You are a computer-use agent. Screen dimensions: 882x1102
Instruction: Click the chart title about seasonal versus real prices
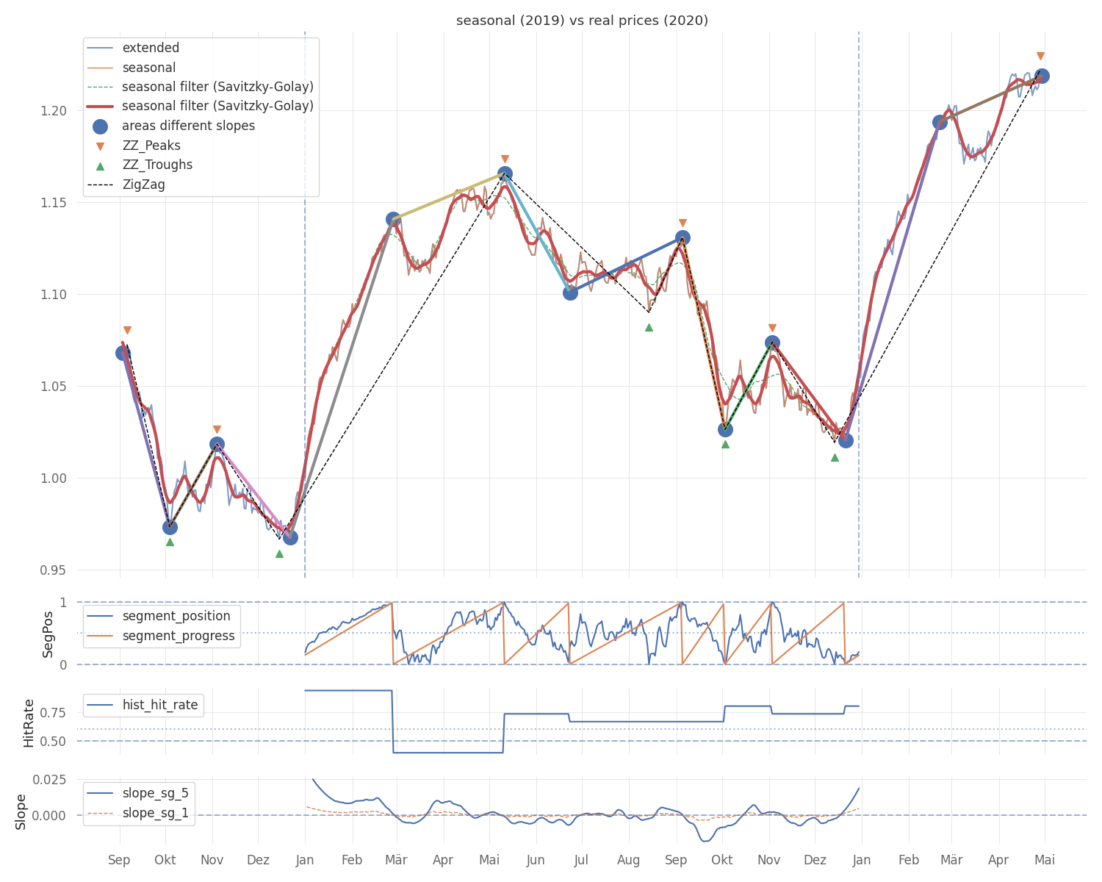coord(582,21)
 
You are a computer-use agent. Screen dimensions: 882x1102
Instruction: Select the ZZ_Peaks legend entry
coord(151,146)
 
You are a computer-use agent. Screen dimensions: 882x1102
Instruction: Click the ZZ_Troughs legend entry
coord(157,165)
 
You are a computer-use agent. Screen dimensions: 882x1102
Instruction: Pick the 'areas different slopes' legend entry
coord(188,126)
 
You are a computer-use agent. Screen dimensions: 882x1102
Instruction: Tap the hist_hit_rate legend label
coord(159,705)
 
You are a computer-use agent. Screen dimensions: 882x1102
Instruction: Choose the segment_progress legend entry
coord(179,636)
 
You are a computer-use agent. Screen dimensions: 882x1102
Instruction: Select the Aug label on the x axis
coord(629,860)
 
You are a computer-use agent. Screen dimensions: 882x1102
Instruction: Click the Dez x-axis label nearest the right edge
coord(815,860)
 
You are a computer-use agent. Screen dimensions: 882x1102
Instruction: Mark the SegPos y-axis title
coord(48,634)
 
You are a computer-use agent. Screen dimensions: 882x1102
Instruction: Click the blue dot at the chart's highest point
coord(1041,76)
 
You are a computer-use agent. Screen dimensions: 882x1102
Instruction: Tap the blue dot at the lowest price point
coord(290,537)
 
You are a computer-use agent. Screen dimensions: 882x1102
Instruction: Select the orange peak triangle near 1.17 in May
coord(505,159)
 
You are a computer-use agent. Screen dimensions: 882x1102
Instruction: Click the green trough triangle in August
coord(649,327)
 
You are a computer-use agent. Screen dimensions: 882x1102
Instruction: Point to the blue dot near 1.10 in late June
coord(570,293)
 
